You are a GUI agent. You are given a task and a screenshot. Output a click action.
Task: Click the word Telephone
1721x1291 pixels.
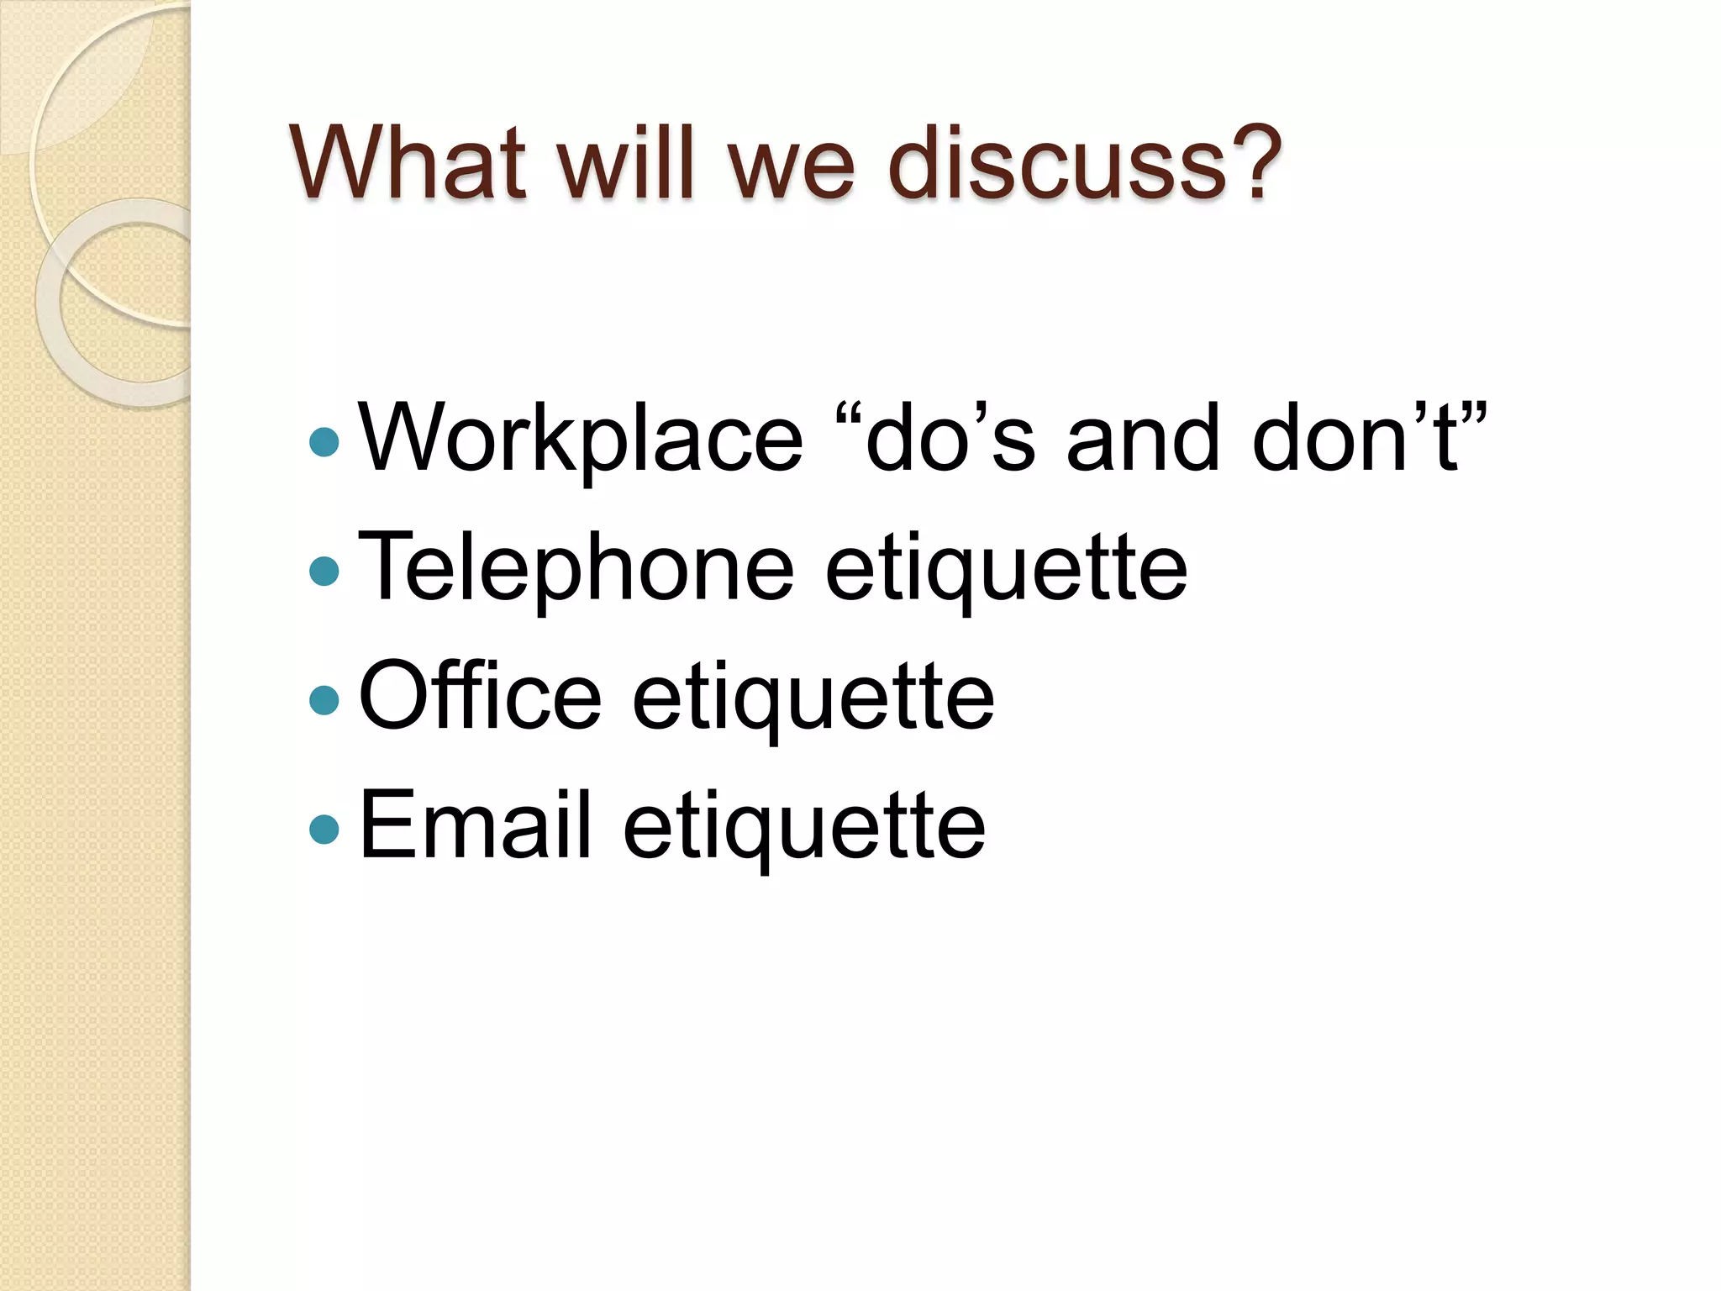click(x=576, y=568)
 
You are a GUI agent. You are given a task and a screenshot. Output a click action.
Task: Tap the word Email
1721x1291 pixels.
click(x=476, y=826)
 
